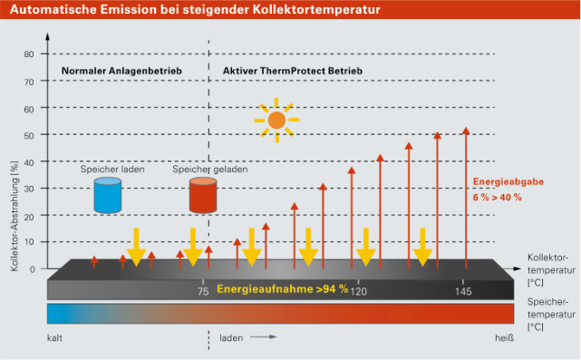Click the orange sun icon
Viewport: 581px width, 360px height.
[276, 120]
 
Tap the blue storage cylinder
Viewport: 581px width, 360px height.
[108, 195]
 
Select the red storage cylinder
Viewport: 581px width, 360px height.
[203, 195]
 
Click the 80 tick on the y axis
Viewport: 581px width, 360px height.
[29, 54]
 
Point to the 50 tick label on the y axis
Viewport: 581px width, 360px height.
[29, 135]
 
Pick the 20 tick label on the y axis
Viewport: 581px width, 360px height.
[29, 217]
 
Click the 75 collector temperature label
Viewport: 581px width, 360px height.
[203, 291]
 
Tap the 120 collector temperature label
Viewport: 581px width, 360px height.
[359, 291]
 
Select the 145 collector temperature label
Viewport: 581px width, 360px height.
[463, 291]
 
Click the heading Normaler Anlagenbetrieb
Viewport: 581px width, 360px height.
[121, 71]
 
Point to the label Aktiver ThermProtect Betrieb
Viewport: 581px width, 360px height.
[293, 71]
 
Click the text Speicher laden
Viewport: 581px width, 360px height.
[112, 170]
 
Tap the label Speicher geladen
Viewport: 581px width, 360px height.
[210, 170]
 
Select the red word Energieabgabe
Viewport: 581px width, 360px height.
[508, 181]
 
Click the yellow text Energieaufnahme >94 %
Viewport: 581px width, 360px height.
[283, 288]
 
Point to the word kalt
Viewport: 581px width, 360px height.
[54, 338]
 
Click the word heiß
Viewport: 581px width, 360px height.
[504, 338]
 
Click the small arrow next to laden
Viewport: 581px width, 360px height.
[263, 337]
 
